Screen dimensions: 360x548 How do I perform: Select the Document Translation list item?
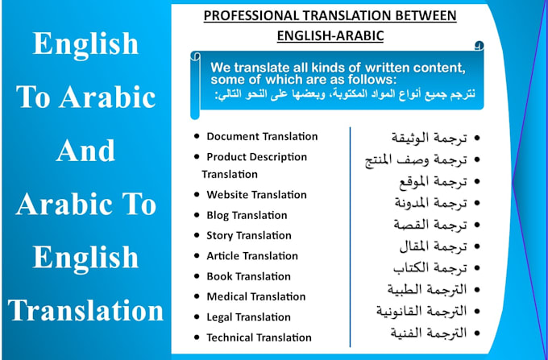262,136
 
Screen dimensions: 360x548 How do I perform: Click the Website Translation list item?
256,194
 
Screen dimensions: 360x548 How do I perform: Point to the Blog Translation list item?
247,215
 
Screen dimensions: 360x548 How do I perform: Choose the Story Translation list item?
249,235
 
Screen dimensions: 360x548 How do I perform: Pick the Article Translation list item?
252,255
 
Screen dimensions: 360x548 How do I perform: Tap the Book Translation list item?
247,276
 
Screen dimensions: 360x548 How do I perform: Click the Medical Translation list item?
256,296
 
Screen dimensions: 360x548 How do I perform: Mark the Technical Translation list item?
259,337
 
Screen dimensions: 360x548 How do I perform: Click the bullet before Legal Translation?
197,317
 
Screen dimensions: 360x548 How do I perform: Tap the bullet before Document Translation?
197,137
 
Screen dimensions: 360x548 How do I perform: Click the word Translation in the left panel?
86,310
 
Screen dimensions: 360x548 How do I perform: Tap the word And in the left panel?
86,150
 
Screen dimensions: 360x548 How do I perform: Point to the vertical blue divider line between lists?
350,234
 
